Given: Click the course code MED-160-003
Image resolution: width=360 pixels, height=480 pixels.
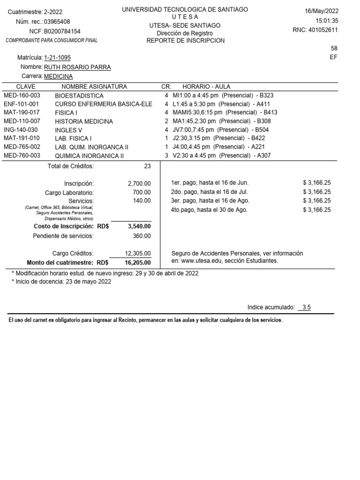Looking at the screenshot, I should coord(22,95).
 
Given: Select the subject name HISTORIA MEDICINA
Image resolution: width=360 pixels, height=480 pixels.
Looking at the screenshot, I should coord(84,121).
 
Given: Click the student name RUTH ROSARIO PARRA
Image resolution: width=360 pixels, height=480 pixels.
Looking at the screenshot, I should coord(77,67).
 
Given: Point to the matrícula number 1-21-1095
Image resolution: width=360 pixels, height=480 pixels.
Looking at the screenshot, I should coord(57,58).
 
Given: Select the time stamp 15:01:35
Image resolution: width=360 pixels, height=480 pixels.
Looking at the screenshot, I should coord(327,21).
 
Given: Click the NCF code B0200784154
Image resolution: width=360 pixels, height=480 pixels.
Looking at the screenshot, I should coord(62,31).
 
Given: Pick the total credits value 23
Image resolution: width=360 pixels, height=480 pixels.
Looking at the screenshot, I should coord(147,166).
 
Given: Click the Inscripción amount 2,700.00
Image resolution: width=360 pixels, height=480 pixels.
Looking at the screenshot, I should coord(139,184).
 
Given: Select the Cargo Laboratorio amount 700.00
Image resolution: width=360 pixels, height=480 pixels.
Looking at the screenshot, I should coord(142,192).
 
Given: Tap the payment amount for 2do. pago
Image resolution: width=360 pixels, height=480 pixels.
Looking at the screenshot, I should coord(317,192).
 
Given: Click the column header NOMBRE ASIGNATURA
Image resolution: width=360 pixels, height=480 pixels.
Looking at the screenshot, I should coord(94,87).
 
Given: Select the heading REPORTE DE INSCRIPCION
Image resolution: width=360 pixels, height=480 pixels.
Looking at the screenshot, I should coord(185,41).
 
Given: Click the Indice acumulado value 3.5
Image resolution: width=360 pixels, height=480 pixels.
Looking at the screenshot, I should coord(307,307).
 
